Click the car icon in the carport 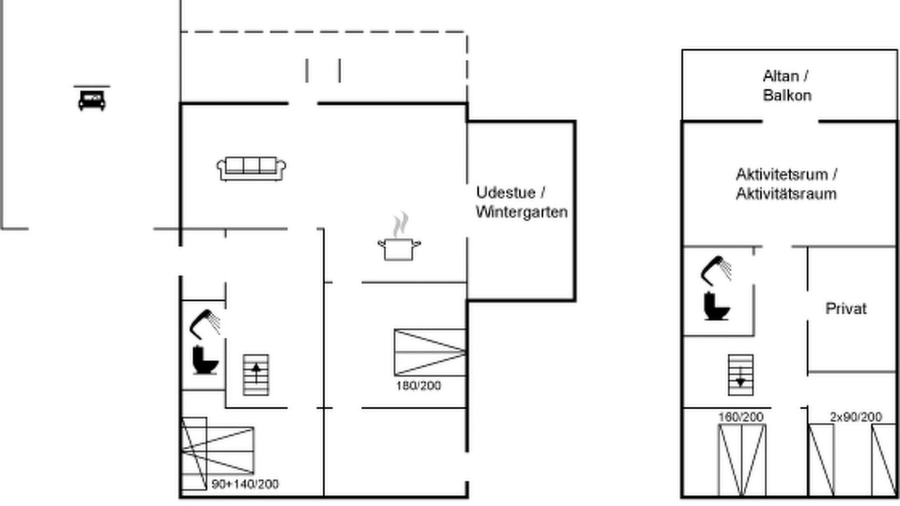point(92,100)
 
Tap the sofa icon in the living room point(251,169)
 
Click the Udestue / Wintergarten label point(522,202)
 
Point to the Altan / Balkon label point(787,86)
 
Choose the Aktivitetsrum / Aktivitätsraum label point(786,184)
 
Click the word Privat point(846,309)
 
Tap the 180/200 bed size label point(418,386)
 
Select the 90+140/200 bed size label point(245,484)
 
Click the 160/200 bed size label point(741,417)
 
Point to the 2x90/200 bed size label point(856,417)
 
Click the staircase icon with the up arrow point(257,375)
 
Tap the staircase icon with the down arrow point(741,375)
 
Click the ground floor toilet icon point(205,361)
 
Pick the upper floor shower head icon point(716,271)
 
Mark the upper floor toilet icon point(716,306)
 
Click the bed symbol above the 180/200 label point(430,353)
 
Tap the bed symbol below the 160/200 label point(742,460)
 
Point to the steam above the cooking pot point(401,225)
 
